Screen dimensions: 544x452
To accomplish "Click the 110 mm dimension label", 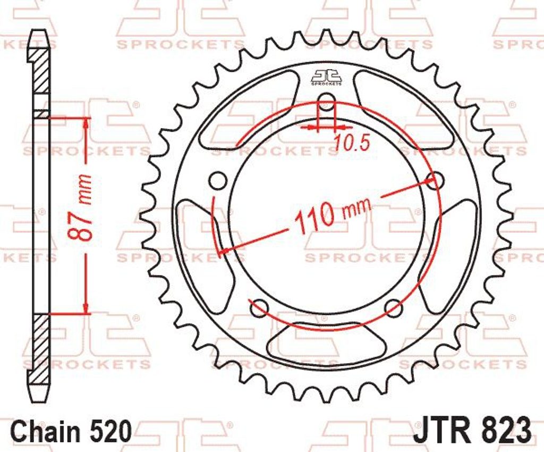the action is point(332,215).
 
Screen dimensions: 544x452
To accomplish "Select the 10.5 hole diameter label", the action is point(352,143).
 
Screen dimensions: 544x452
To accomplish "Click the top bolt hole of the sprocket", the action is point(326,103).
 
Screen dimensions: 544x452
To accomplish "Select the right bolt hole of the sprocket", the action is point(435,181).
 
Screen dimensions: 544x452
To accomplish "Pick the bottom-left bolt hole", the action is point(259,308).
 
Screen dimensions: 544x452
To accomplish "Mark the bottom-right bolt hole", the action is point(394,308).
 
